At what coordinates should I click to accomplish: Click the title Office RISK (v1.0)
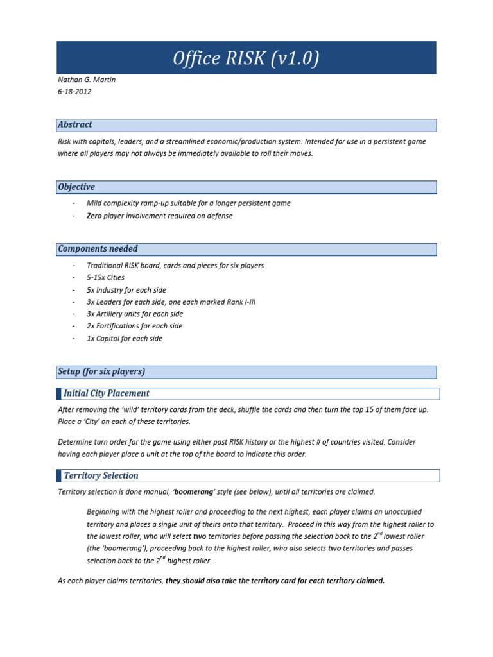pyautogui.click(x=246, y=59)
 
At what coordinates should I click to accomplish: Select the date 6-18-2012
pyautogui.click(x=74, y=92)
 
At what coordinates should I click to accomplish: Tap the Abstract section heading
pyautogui.click(x=75, y=124)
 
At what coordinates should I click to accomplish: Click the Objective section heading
pyautogui.click(x=76, y=187)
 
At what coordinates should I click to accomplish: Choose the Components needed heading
pyautogui.click(x=98, y=248)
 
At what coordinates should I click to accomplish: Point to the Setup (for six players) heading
pyautogui.click(x=101, y=371)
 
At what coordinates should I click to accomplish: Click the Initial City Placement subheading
pyautogui.click(x=107, y=393)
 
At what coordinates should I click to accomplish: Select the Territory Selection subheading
pyautogui.click(x=101, y=475)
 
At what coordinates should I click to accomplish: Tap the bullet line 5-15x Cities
pyautogui.click(x=105, y=278)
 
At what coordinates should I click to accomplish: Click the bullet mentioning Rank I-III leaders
pyautogui.click(x=170, y=302)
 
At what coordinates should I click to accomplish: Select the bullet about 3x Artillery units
pyautogui.click(x=134, y=314)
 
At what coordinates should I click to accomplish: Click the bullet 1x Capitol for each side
pyautogui.click(x=124, y=339)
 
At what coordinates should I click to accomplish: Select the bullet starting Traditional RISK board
pyautogui.click(x=175, y=266)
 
